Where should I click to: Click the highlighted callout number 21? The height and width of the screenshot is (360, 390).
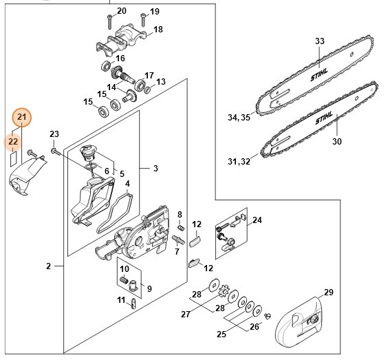click(22, 117)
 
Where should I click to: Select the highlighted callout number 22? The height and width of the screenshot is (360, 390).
click(13, 142)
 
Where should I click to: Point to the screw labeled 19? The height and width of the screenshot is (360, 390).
click(143, 20)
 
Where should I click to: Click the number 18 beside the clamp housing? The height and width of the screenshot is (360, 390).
click(158, 30)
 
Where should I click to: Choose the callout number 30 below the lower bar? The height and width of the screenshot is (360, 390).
click(337, 141)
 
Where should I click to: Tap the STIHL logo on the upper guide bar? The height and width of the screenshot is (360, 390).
click(319, 74)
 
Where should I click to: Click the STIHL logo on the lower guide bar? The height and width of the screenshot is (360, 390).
click(324, 118)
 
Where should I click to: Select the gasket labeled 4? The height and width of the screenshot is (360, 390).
click(115, 212)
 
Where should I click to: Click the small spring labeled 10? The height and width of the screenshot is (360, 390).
click(124, 280)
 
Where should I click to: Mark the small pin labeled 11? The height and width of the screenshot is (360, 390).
click(133, 304)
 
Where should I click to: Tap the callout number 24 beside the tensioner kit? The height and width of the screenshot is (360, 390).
click(257, 220)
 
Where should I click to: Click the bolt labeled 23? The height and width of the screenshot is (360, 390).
click(56, 151)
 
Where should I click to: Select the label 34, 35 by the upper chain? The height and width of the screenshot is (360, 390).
click(239, 117)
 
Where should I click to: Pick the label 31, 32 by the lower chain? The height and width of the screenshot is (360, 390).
click(239, 161)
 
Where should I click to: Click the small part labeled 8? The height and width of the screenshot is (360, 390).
click(182, 227)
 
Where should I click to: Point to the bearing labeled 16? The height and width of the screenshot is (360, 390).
click(106, 65)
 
